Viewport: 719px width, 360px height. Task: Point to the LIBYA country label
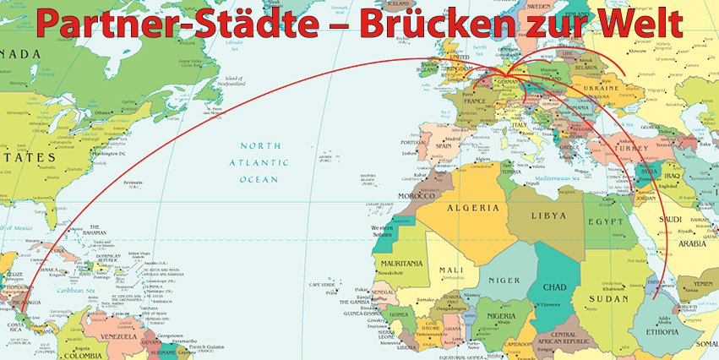pyautogui.click(x=547, y=215)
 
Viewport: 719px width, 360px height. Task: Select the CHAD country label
pyautogui.click(x=553, y=286)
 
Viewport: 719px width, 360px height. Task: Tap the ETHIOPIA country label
pyautogui.click(x=662, y=332)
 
